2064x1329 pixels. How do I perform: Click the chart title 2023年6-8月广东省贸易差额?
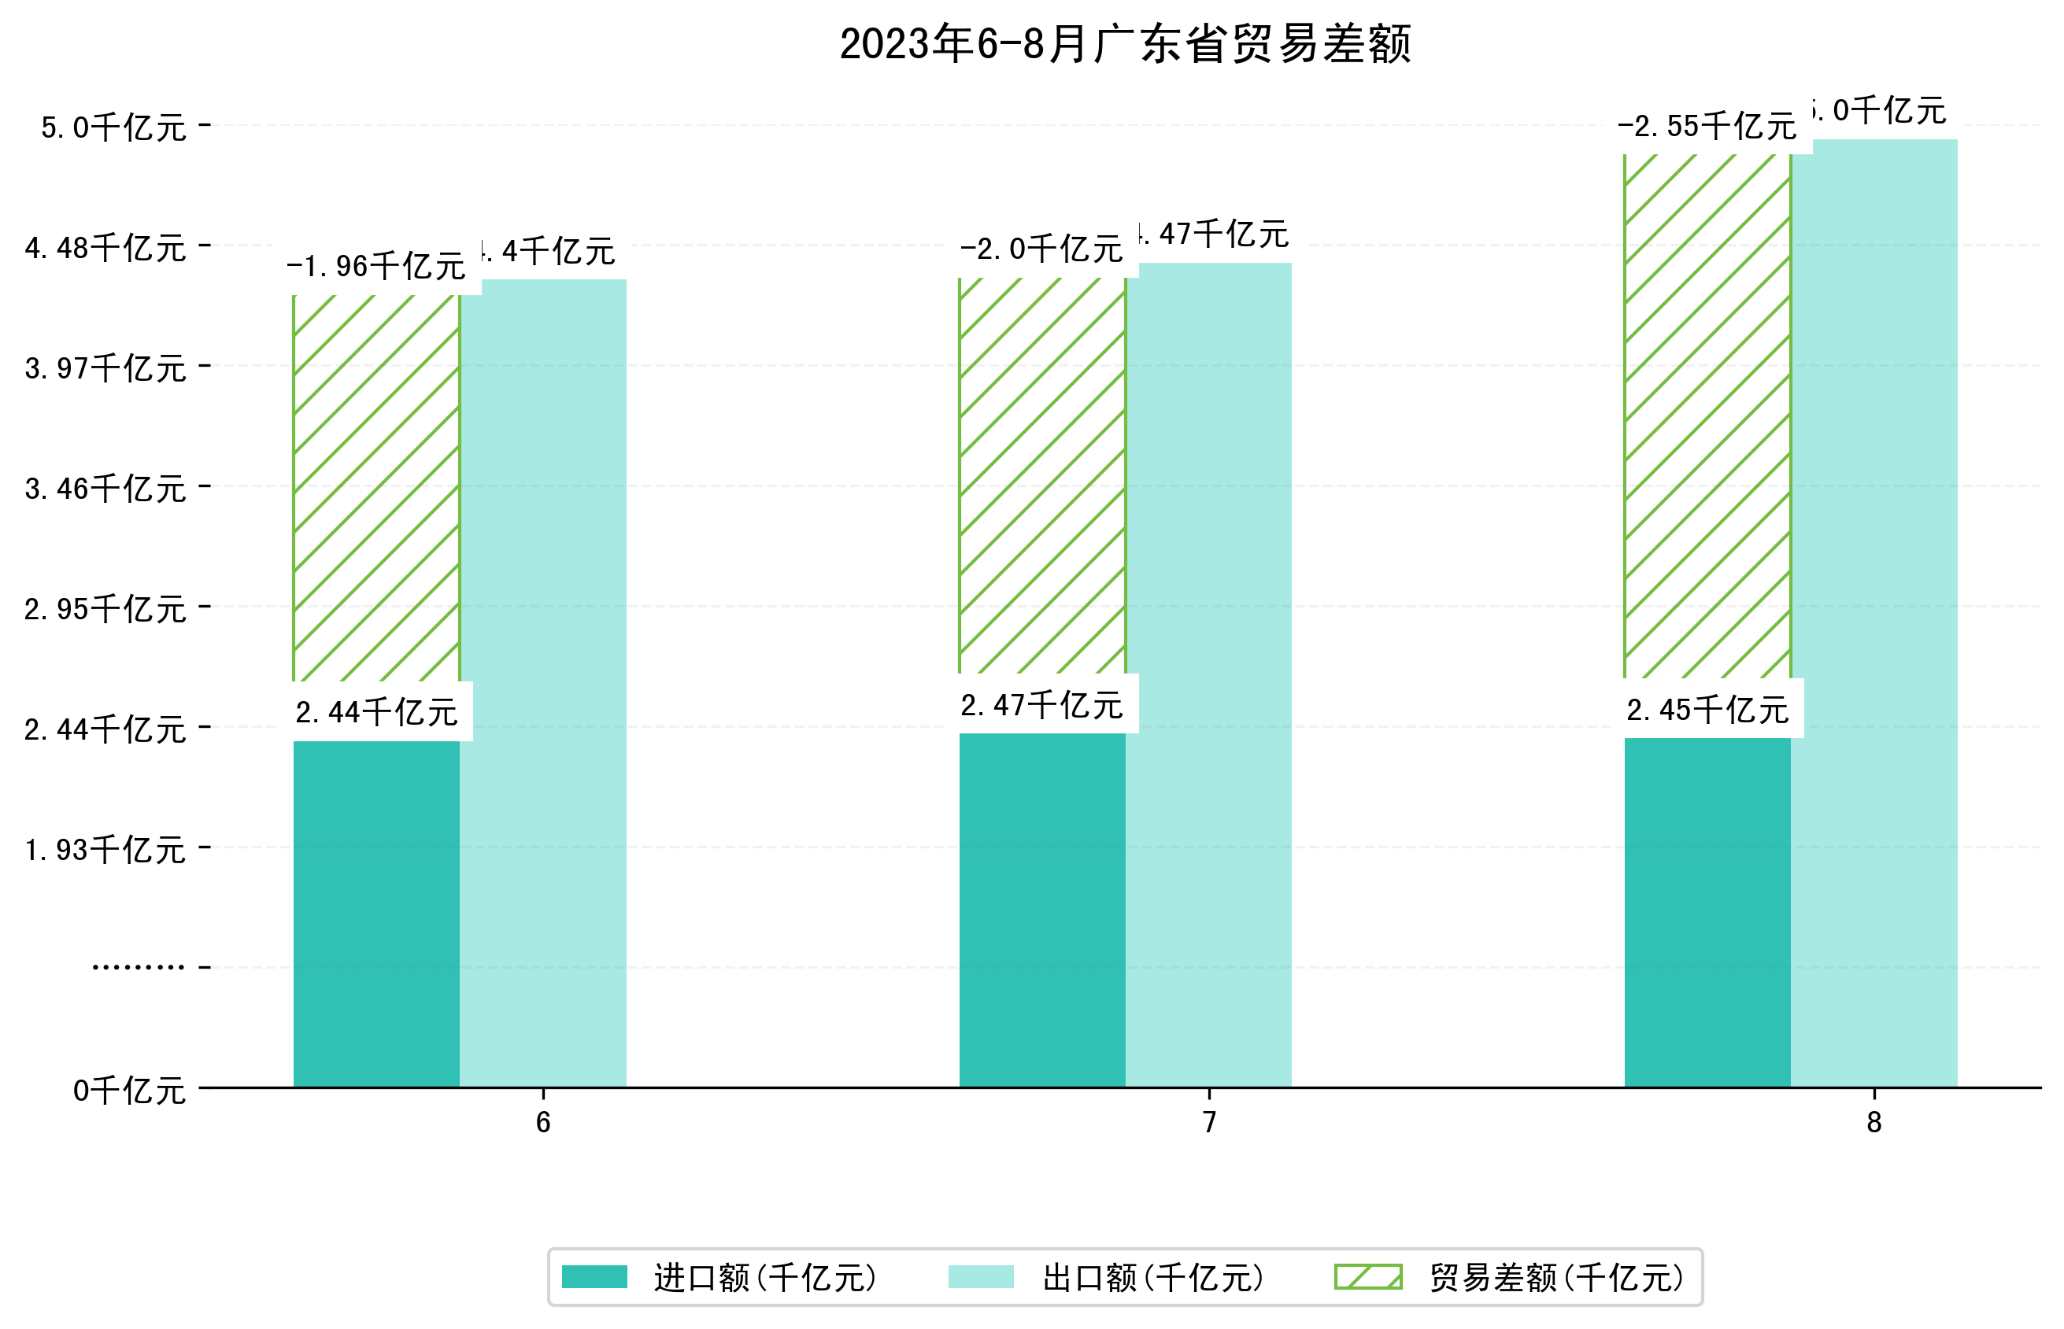pyautogui.click(x=1124, y=44)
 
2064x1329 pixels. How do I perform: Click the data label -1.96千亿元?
pyautogui.click(x=376, y=266)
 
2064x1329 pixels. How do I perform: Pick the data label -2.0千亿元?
pyautogui.click(x=1042, y=249)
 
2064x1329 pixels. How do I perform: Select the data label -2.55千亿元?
pyautogui.click(x=1707, y=127)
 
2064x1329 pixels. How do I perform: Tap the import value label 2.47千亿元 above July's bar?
pyautogui.click(x=1042, y=706)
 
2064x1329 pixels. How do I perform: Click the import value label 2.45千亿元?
pyautogui.click(x=1707, y=711)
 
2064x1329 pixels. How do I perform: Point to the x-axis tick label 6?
pyautogui.click(x=543, y=1123)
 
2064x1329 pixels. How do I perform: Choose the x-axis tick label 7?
pyautogui.click(x=1209, y=1123)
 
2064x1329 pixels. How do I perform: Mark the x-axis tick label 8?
pyautogui.click(x=1874, y=1123)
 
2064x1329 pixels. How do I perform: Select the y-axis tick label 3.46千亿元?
pyautogui.click(x=105, y=489)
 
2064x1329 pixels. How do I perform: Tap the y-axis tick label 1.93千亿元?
pyautogui.click(x=105, y=850)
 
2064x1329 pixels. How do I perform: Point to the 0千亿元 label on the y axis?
pyautogui.click(x=129, y=1091)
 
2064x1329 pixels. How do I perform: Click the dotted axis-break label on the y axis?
pyautogui.click(x=138, y=967)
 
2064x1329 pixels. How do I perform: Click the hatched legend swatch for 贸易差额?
pyautogui.click(x=1367, y=1277)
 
